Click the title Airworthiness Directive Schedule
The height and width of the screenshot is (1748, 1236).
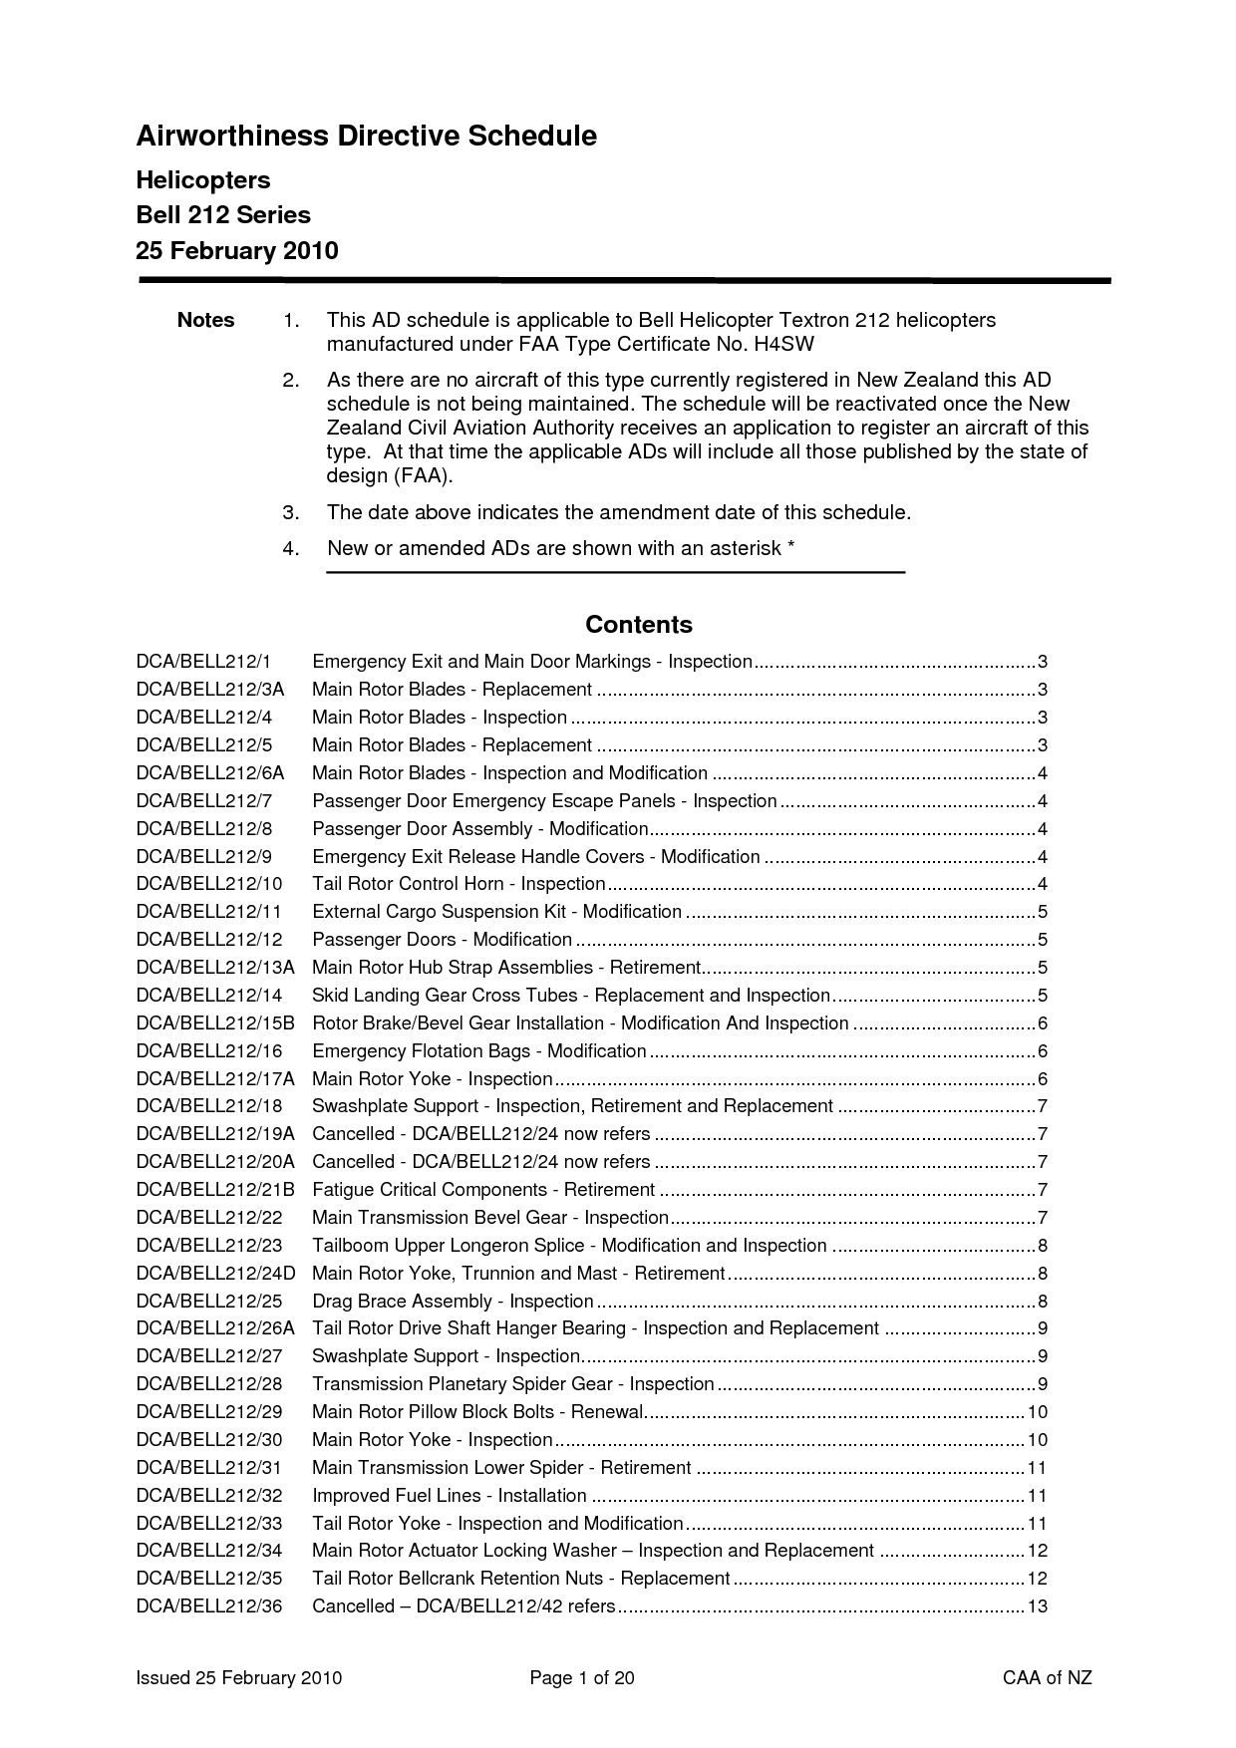pyautogui.click(x=366, y=137)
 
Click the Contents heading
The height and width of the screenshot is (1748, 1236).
pyautogui.click(x=639, y=625)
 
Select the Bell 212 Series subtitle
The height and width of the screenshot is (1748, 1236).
pyautogui.click(x=223, y=215)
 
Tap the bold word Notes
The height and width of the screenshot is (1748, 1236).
pyautogui.click(x=205, y=320)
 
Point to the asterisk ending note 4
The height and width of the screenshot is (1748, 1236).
pyautogui.click(x=790, y=546)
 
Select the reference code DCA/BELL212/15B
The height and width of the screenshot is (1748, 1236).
pyautogui.click(x=215, y=1023)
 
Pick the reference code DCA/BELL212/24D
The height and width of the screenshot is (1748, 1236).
pyautogui.click(x=216, y=1274)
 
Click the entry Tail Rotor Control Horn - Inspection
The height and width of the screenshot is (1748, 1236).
pyautogui.click(x=459, y=884)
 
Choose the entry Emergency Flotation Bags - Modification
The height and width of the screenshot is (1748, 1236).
pyautogui.click(x=479, y=1051)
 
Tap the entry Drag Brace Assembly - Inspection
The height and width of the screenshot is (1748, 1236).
pyautogui.click(x=453, y=1302)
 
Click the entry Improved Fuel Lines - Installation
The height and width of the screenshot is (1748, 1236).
pyautogui.click(x=450, y=1496)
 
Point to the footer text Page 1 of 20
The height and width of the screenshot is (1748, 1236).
pyautogui.click(x=582, y=1678)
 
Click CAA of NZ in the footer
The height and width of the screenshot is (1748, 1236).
pyautogui.click(x=1047, y=1678)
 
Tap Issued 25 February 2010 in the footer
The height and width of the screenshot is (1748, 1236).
pyautogui.click(x=239, y=1678)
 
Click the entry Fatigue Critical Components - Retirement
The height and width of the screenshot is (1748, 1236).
pyautogui.click(x=483, y=1190)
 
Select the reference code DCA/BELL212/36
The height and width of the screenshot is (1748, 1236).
pyautogui.click(x=209, y=1606)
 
